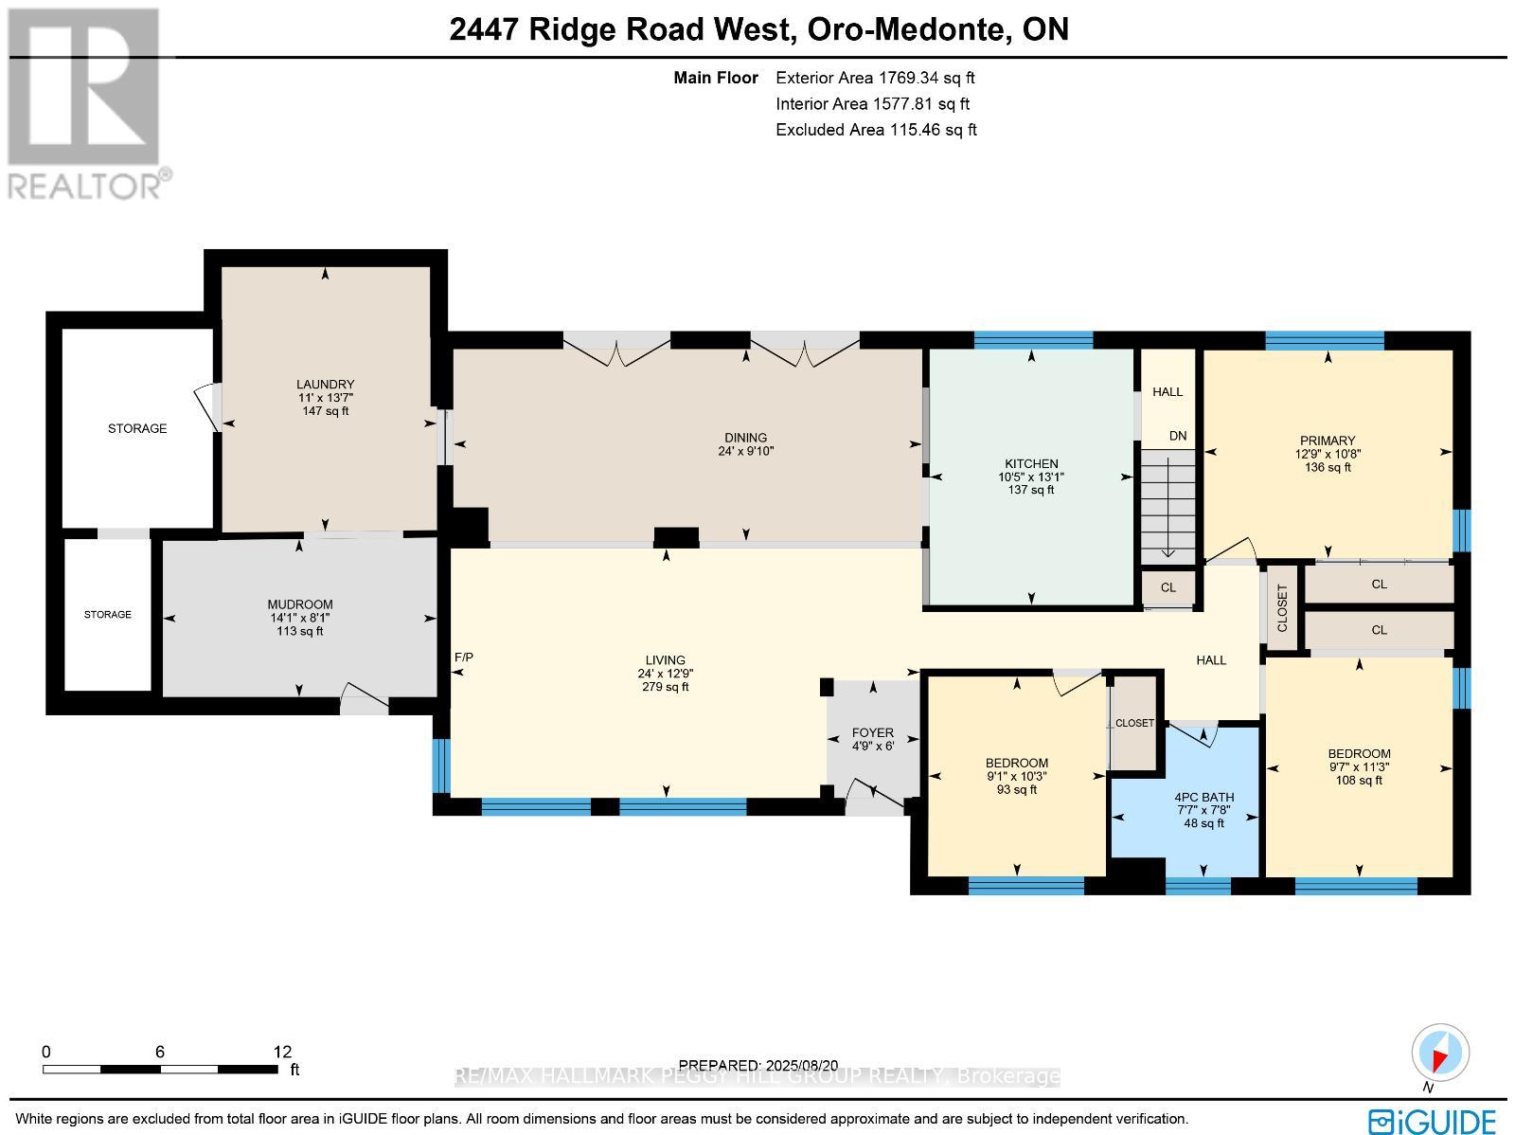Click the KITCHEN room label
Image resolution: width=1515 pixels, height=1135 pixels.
click(x=1031, y=464)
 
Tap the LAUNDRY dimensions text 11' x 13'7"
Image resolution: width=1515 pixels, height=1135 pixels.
click(x=325, y=398)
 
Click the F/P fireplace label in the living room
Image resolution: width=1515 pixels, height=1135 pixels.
click(x=464, y=657)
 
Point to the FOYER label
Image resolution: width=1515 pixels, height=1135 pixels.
click(x=872, y=732)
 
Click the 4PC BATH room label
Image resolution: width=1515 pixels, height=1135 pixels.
click(x=1204, y=798)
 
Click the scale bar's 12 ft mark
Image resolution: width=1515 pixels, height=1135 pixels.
click(x=281, y=1052)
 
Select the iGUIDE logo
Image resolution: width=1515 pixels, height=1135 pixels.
click(x=1433, y=1121)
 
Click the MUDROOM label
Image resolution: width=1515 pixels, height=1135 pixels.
click(x=299, y=604)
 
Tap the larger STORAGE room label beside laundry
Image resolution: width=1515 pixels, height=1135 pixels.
click(x=137, y=428)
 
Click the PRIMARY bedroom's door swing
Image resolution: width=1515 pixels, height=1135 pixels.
click(x=1231, y=550)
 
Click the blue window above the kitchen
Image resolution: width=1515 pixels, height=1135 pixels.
click(x=1033, y=340)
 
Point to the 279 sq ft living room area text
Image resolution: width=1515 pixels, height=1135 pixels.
click(x=666, y=687)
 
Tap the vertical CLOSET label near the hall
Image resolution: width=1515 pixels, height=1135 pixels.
click(x=1283, y=607)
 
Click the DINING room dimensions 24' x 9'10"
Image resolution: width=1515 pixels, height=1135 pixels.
click(x=745, y=452)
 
